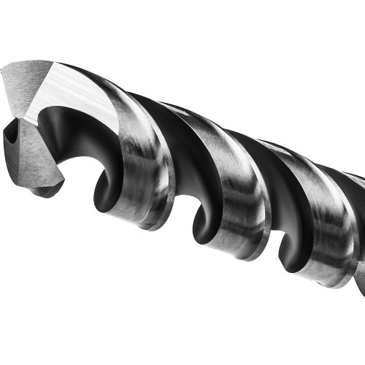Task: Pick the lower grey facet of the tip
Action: click(33, 157)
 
